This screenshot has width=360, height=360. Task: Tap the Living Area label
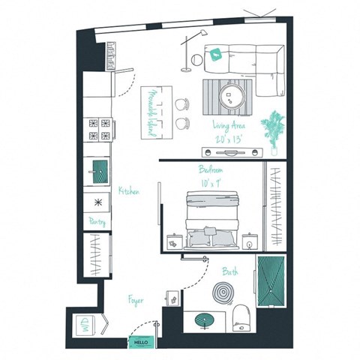pyautogui.click(x=228, y=127)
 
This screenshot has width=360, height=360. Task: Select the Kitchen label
pyautogui.click(x=129, y=193)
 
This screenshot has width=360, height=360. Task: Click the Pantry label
pyautogui.click(x=97, y=222)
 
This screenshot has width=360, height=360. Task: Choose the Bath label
pyautogui.click(x=230, y=271)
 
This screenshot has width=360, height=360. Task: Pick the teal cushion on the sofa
pyautogui.click(x=217, y=53)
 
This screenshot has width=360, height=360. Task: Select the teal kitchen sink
pyautogui.click(x=97, y=172)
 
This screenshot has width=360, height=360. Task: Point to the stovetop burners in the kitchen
pyautogui.click(x=96, y=129)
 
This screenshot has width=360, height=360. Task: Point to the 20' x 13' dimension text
pyautogui.click(x=228, y=139)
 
